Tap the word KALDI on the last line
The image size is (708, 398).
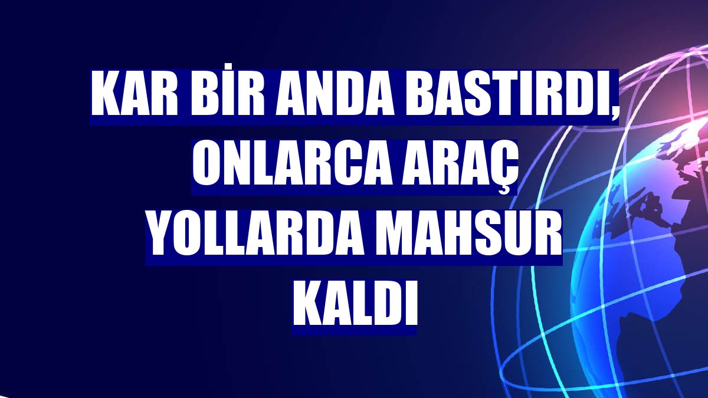point(354,305)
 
